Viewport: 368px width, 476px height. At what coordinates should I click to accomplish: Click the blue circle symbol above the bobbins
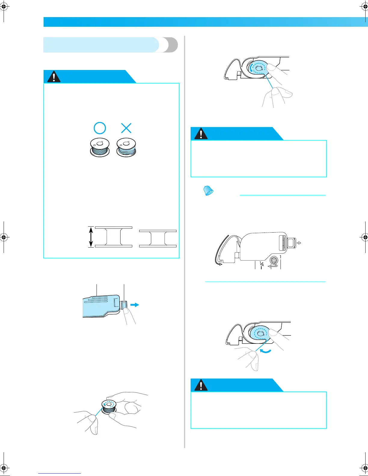tap(100, 128)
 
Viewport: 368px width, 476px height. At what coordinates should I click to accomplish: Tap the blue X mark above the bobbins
tap(126, 128)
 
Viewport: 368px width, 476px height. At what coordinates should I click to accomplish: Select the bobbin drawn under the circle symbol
tap(100, 147)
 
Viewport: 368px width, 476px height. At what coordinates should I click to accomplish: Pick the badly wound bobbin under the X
tap(126, 147)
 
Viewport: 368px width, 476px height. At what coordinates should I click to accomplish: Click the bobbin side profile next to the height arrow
tap(114, 237)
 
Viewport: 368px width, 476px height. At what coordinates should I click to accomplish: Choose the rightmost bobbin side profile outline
tap(158, 239)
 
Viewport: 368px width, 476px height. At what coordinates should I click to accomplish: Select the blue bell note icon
tap(208, 191)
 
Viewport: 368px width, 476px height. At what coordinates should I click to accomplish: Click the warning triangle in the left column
tap(54, 77)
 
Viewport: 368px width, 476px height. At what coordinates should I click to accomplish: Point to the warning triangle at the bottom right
tap(201, 385)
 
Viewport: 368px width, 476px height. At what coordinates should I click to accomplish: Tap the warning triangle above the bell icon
tap(201, 134)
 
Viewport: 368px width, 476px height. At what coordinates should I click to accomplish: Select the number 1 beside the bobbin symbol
tap(281, 257)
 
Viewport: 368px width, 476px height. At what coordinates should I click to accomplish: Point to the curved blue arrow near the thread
tap(265, 351)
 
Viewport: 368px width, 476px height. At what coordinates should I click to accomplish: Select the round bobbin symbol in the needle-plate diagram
tap(274, 260)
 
